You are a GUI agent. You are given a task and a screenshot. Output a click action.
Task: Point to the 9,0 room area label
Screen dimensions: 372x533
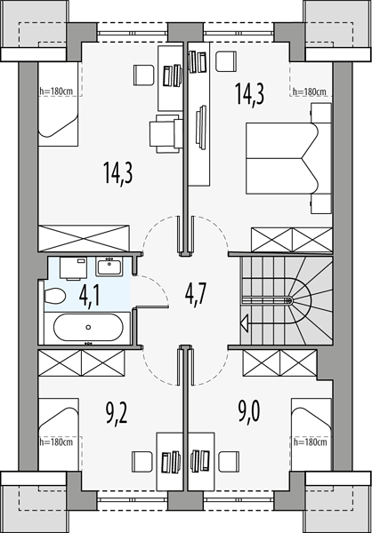pyautogui.click(x=249, y=412)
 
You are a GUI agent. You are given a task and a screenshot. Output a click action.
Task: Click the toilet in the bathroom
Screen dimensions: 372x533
pyautogui.click(x=54, y=296)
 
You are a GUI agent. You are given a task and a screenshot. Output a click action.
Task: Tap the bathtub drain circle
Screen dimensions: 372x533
pyautogui.click(x=89, y=327)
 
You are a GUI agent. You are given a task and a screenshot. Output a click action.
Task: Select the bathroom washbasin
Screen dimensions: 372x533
pyautogui.click(x=109, y=266)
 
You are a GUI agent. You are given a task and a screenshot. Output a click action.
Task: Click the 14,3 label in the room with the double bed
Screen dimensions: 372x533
pyautogui.click(x=250, y=94)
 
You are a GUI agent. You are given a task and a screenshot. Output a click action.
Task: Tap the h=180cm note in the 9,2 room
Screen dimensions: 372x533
pyautogui.click(x=56, y=442)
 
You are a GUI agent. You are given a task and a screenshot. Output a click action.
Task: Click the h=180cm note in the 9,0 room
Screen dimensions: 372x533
pyautogui.click(x=310, y=442)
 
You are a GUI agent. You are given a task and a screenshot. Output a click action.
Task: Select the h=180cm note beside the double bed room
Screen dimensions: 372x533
pyautogui.click(x=310, y=91)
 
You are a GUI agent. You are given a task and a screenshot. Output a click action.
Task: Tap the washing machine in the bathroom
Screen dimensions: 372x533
pyautogui.click(x=73, y=268)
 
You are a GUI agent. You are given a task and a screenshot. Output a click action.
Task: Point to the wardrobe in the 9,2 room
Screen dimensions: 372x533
pyautogui.click(x=81, y=363)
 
